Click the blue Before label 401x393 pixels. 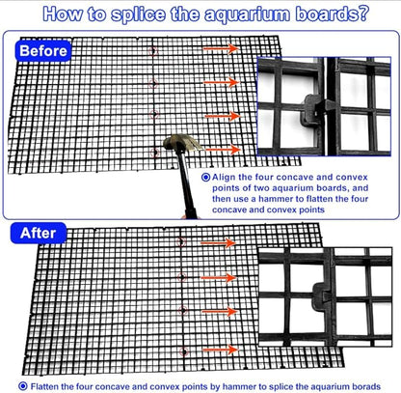[x=43, y=51]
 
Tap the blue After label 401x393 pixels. [x=39, y=233]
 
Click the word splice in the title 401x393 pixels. [x=138, y=14]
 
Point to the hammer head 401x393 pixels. [x=182, y=143]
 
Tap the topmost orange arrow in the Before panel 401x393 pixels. [x=222, y=48]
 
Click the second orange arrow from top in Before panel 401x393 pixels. [x=222, y=82]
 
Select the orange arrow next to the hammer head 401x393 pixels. [x=223, y=150]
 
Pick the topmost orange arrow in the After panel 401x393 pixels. [x=219, y=243]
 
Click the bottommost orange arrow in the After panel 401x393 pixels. [x=221, y=350]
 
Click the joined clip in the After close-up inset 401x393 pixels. [x=322, y=296]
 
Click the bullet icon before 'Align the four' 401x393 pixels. [x=205, y=177]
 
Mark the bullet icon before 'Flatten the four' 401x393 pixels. [x=23, y=386]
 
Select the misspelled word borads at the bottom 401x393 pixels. [x=366, y=386]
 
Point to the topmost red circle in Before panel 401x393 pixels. [x=153, y=51]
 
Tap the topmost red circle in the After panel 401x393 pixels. [x=181, y=241]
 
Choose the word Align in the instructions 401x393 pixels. [x=224, y=178]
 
